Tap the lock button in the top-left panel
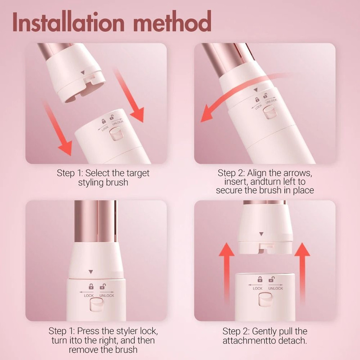[116, 134]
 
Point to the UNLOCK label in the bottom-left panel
[106, 296]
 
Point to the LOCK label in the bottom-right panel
[258, 288]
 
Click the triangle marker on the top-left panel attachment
[82, 72]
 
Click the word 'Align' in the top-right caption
[263, 173]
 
